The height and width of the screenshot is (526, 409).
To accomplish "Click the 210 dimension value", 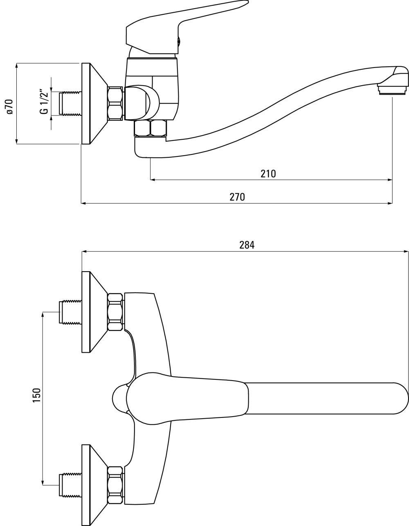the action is point(268,174).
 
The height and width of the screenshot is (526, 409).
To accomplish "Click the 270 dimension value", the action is point(237,197).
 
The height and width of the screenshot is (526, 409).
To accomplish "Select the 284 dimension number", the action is point(247,245).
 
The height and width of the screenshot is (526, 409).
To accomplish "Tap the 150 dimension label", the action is point(37,395).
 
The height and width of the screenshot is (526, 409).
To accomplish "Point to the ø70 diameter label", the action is point(10,106).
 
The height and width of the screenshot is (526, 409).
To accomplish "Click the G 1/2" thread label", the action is point(45,102).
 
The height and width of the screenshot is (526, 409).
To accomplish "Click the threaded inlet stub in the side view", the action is point(70,103).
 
